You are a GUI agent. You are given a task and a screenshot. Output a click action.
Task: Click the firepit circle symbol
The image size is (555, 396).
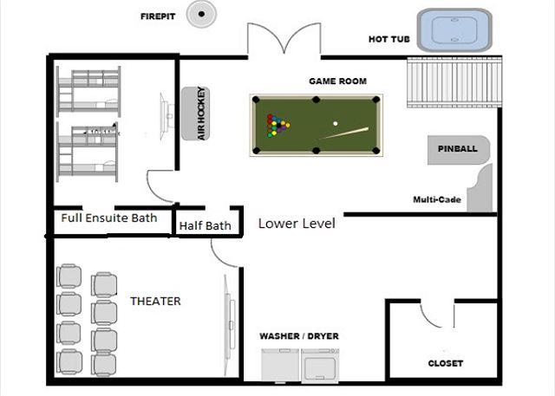[201, 14]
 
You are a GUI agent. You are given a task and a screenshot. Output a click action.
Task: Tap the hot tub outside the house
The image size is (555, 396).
[454, 30]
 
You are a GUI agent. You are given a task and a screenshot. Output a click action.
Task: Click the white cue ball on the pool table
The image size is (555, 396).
[336, 123]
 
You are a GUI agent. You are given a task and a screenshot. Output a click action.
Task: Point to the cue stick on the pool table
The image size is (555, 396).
[345, 133]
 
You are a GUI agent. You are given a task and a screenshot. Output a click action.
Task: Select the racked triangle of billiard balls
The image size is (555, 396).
[277, 126]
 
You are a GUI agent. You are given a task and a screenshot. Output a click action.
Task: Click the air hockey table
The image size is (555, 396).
[196, 114]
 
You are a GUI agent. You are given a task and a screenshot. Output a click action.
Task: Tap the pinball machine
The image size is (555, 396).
[459, 150]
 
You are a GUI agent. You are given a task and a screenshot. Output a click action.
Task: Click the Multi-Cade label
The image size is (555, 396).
[437, 200]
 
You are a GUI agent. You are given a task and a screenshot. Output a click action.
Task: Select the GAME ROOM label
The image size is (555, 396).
[337, 81]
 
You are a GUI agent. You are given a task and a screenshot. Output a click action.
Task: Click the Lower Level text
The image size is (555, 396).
[297, 224]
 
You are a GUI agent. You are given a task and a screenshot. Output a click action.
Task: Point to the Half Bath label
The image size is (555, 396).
[205, 225]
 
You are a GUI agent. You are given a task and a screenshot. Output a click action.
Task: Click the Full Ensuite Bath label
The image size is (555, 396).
[109, 217]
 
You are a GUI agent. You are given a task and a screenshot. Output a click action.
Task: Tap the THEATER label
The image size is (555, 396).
[155, 302]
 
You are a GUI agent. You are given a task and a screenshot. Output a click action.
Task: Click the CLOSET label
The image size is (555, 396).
[445, 363]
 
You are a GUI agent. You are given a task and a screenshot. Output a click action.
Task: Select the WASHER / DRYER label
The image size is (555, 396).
[299, 336]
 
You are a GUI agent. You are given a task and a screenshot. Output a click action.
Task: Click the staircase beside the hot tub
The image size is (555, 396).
[454, 82]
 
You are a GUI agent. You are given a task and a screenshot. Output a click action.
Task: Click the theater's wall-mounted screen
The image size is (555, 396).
[229, 325]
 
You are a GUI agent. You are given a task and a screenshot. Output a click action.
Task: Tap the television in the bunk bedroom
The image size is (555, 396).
[166, 116]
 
